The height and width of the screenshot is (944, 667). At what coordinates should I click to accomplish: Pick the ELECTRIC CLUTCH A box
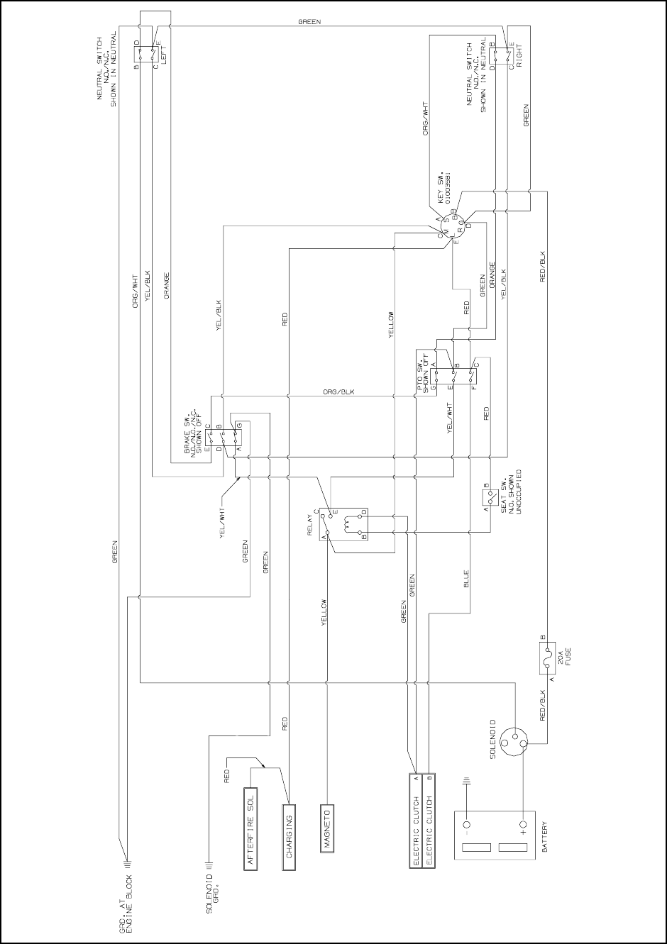[x=417, y=821]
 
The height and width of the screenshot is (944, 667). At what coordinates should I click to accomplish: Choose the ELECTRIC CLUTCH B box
[x=429, y=821]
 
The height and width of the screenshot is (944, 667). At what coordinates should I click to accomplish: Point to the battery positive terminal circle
[x=524, y=826]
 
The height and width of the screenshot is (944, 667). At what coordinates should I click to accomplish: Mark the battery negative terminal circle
[x=467, y=826]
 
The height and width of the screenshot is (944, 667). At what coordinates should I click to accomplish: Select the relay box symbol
[x=343, y=525]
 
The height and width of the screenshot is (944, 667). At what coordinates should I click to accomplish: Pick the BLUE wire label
[x=466, y=581]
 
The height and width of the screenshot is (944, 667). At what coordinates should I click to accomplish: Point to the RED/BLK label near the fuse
[x=544, y=705]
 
